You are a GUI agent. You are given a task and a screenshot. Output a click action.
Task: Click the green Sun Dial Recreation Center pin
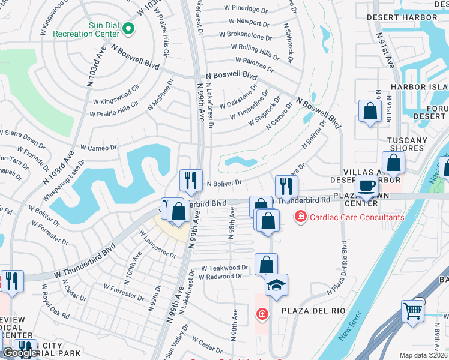pos(128,28)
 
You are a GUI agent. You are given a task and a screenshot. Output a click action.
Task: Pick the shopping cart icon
pos(412,310)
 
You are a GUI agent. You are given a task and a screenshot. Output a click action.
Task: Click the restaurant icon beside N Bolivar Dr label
pos(191,179)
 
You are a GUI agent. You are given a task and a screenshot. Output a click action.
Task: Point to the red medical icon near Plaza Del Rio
pos(262,313)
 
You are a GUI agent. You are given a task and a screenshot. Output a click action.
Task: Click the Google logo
pos(19,352)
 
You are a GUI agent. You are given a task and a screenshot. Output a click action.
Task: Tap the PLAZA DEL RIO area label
pos(306,312)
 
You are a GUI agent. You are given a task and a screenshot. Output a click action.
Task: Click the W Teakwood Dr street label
pos(224,268)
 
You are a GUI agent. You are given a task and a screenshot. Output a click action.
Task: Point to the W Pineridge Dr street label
pos(244,10)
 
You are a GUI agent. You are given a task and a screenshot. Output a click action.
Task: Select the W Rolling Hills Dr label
pos(255,51)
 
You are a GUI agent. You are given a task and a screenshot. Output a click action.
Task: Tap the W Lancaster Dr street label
pos(158,245)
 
